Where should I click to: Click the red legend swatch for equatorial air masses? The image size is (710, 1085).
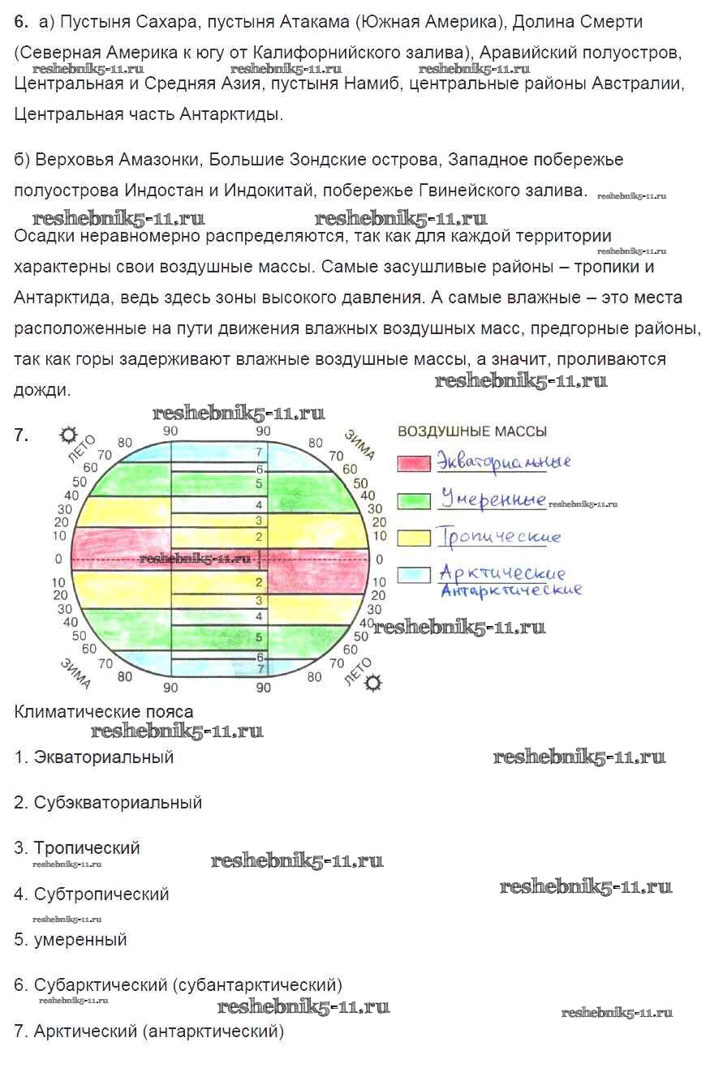(x=413, y=463)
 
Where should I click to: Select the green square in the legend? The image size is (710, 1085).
(x=413, y=500)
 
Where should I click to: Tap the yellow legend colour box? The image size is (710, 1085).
(x=413, y=538)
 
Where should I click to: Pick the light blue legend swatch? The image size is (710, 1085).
(x=413, y=576)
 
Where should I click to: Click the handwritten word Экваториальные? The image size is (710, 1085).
(x=503, y=462)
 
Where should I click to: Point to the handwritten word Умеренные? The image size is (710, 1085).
(x=492, y=498)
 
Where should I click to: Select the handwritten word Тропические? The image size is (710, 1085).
(x=498, y=537)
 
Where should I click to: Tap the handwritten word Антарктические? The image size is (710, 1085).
(x=510, y=590)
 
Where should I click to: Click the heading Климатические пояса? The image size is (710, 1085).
(x=104, y=712)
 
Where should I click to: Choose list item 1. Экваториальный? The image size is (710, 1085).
(x=94, y=757)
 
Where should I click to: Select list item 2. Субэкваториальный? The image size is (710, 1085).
(x=108, y=803)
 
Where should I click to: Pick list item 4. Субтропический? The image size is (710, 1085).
(x=92, y=894)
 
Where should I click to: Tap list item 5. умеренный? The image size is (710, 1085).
(x=71, y=940)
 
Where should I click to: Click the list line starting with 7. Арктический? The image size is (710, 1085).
(x=149, y=1032)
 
